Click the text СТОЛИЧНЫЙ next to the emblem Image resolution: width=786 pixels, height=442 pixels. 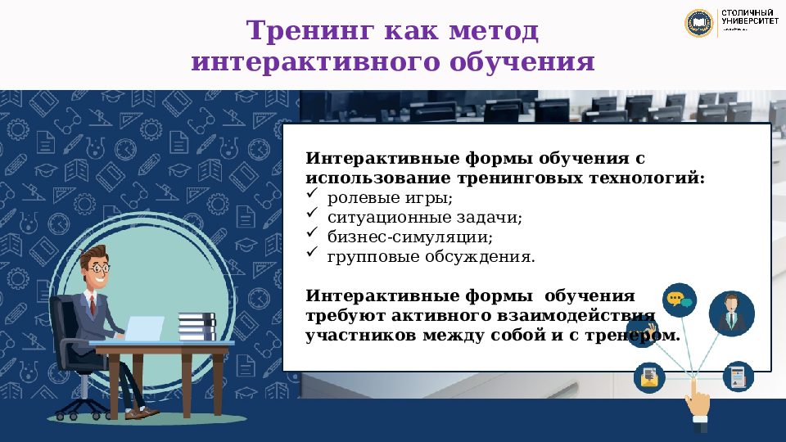[x=749, y=14]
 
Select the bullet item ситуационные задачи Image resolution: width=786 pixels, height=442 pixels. [x=424, y=218]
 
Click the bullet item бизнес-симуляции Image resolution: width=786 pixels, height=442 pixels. [x=409, y=237]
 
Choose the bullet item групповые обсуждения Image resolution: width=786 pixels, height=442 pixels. [x=431, y=257]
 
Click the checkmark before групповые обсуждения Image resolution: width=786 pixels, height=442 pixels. [x=312, y=254]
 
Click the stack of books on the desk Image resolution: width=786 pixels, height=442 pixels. [x=196, y=326]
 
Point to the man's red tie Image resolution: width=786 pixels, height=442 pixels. [x=93, y=304]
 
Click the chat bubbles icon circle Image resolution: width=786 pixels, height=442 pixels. [x=679, y=300]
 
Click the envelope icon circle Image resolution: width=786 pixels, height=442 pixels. [x=649, y=377]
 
